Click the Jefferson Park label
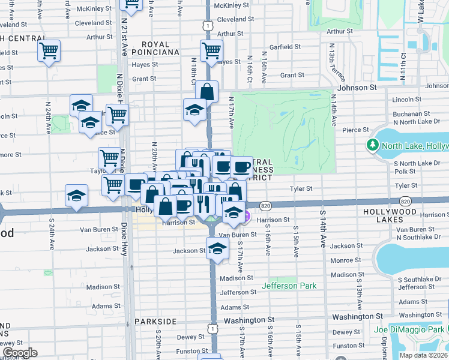289,286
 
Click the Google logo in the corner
20,352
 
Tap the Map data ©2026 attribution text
424,355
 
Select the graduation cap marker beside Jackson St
217,248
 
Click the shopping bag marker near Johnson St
206,92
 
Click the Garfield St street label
285,46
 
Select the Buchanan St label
409,113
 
